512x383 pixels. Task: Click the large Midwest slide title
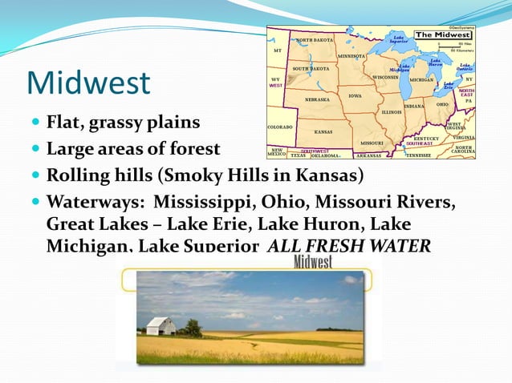[x=88, y=83]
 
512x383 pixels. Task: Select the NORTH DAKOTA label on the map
[x=315, y=40]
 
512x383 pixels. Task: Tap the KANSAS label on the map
[x=323, y=131]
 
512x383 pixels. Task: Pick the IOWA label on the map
[x=355, y=95]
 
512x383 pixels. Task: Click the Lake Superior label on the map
[x=399, y=38]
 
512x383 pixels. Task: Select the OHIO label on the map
[x=442, y=104]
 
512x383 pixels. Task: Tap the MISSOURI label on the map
[x=371, y=143]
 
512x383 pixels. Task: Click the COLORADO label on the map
[x=280, y=127]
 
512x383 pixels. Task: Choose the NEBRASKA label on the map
[x=317, y=100]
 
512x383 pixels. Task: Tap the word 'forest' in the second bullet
[x=193, y=149]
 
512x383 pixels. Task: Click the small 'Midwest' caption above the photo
[x=313, y=262]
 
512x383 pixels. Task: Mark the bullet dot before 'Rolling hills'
[x=35, y=175]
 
